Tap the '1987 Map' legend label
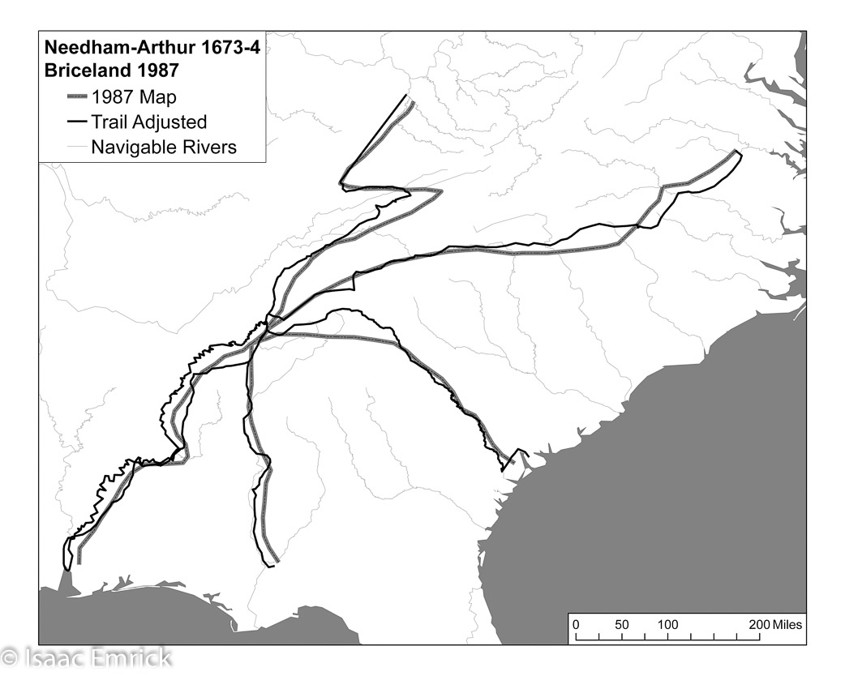pyautogui.click(x=134, y=96)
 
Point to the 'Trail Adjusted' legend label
pyautogui.click(x=148, y=122)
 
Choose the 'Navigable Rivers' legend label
pyautogui.click(x=164, y=147)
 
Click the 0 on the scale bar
pyautogui.click(x=576, y=625)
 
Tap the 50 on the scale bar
pyautogui.click(x=622, y=625)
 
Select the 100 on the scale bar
pyautogui.click(x=667, y=625)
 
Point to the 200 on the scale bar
pyautogui.click(x=759, y=625)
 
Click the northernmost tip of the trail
pyautogui.click(x=406, y=96)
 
